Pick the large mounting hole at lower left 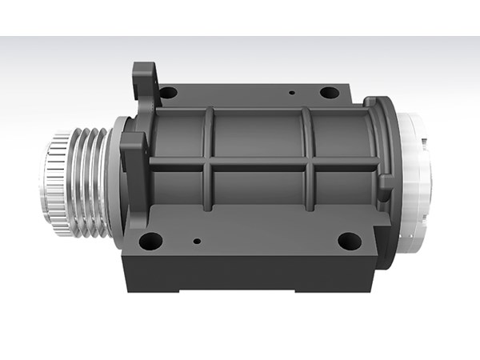point(150,240)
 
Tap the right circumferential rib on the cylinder point(307,160)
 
